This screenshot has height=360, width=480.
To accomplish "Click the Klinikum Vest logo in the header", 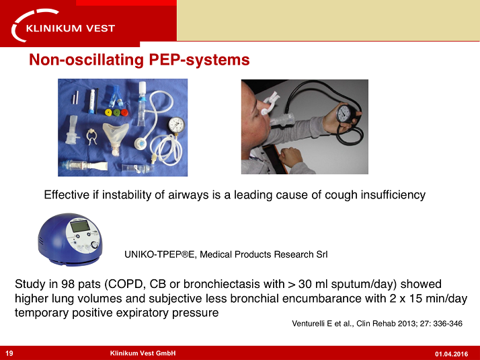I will tap(64, 28).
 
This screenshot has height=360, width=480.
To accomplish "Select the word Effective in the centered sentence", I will tap(64, 195).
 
